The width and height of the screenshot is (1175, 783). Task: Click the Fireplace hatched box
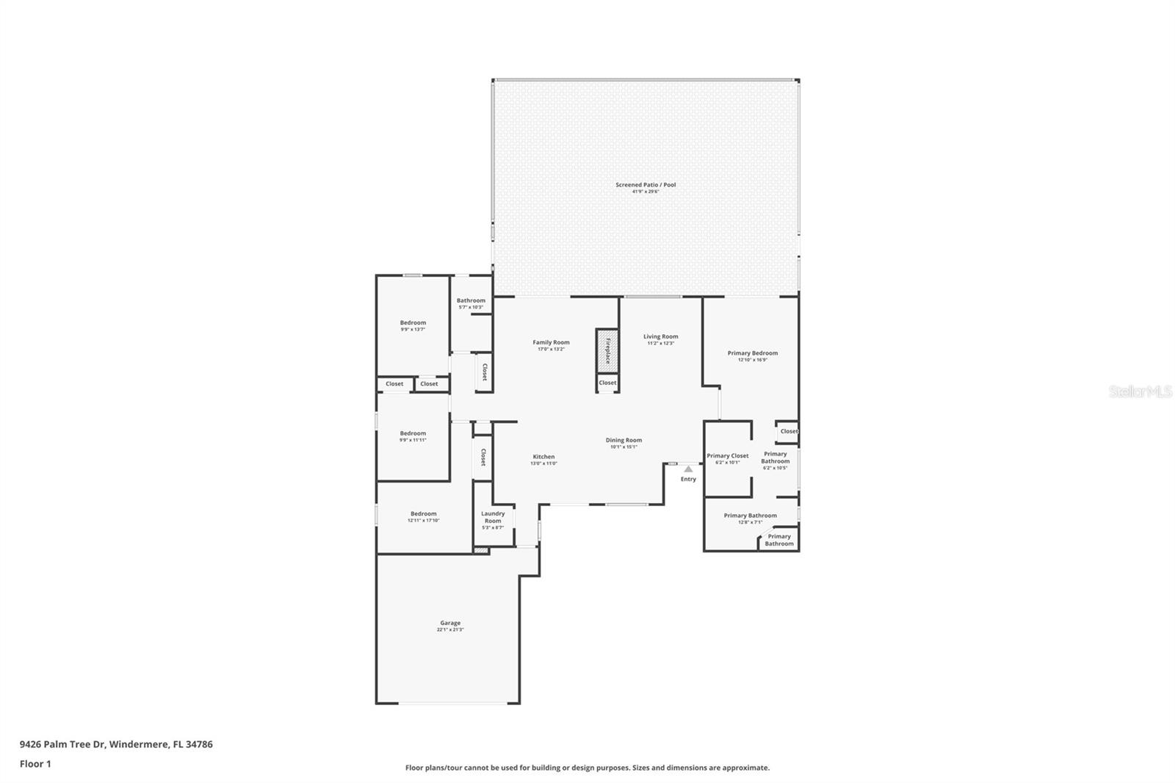(607, 350)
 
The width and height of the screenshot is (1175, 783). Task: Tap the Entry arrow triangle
(688, 469)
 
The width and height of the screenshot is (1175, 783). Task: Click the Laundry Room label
(493, 517)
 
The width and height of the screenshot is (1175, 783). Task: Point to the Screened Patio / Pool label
(646, 185)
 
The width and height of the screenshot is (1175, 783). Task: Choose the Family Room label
(551, 342)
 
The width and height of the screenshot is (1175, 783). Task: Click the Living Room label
(660, 337)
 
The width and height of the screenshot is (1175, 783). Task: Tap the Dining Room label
(623, 441)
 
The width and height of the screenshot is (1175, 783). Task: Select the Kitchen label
(543, 457)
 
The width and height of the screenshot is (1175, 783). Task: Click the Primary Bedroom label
(752, 353)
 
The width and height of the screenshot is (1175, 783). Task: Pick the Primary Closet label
(727, 456)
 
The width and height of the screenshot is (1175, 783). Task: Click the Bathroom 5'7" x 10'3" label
(471, 300)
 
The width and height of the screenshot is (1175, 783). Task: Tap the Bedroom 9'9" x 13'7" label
(413, 323)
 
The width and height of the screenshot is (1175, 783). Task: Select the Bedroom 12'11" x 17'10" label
(423, 514)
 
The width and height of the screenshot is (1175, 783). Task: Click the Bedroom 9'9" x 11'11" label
(413, 434)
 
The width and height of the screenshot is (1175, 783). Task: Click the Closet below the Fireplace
(607, 383)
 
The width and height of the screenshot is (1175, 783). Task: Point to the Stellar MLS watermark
(1140, 392)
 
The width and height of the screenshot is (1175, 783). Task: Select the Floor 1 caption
(35, 764)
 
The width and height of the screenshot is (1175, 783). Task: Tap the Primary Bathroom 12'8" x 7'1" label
(750, 516)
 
